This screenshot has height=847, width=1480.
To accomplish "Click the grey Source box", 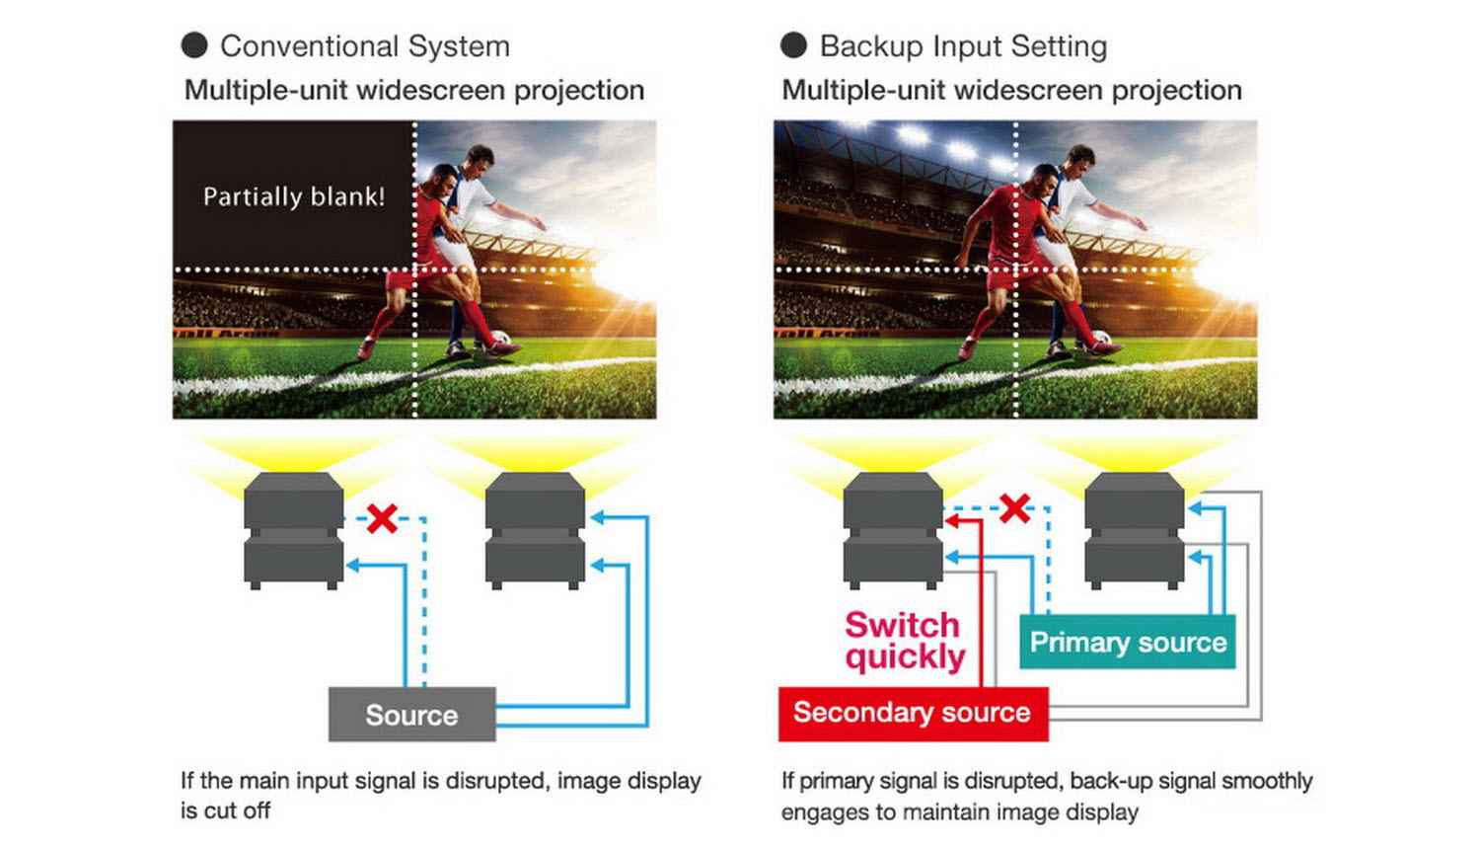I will pyautogui.click(x=411, y=714).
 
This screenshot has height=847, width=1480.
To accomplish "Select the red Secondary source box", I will pyautogui.click(x=913, y=713).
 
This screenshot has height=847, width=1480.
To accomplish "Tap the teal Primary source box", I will pyautogui.click(x=1128, y=643).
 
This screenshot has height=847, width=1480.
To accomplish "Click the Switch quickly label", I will pyautogui.click(x=904, y=641).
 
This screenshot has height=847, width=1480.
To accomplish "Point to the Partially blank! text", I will pyautogui.click(x=294, y=196).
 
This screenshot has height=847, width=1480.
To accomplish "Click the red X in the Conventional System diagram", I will pyautogui.click(x=382, y=518).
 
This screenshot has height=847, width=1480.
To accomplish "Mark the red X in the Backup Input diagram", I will pyautogui.click(x=1014, y=508).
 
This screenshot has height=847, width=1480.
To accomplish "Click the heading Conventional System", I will pyautogui.click(x=365, y=46).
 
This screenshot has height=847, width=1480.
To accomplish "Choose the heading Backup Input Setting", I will pyautogui.click(x=963, y=46).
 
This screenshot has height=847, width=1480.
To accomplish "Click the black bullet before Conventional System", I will pyautogui.click(x=194, y=45).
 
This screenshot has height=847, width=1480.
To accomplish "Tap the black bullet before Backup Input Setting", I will pyautogui.click(x=793, y=45).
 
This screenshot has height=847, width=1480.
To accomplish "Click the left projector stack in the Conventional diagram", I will pyautogui.click(x=294, y=531).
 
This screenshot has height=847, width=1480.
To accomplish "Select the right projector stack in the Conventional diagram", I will pyautogui.click(x=536, y=531).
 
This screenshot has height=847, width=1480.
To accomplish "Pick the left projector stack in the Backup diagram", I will pyautogui.click(x=893, y=531).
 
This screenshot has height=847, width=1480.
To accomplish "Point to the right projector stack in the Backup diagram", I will pyautogui.click(x=1134, y=531).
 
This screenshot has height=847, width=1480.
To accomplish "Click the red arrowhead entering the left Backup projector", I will pyautogui.click(x=951, y=520).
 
